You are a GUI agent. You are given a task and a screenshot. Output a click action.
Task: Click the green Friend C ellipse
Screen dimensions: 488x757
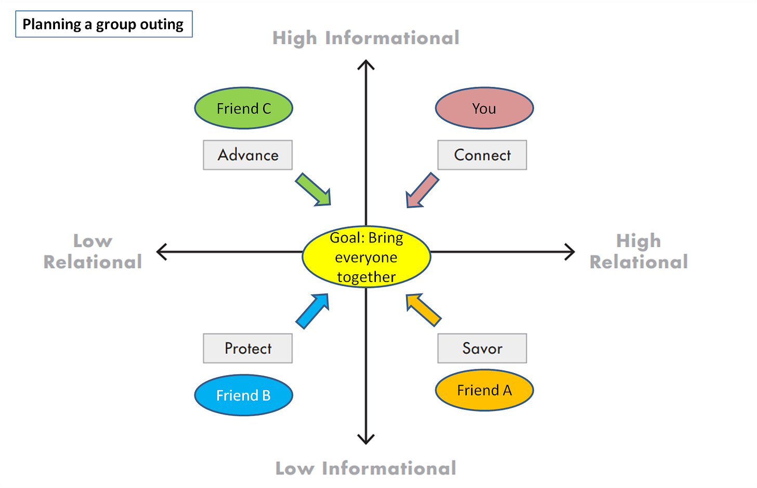tap(243, 108)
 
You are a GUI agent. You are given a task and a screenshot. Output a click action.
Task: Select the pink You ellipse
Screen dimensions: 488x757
tap(484, 108)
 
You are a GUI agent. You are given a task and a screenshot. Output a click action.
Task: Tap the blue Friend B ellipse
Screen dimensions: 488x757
tap(243, 395)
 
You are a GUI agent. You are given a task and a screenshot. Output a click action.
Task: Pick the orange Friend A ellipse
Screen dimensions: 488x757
tap(484, 390)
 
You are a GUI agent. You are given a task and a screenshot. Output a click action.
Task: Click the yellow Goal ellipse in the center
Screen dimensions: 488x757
tap(366, 257)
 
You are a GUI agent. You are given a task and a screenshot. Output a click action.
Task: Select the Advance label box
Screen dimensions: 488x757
tap(247, 155)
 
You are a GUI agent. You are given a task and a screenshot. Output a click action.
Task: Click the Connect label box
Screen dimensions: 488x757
tap(482, 155)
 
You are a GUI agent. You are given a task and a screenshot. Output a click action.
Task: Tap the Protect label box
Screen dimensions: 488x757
tap(247, 348)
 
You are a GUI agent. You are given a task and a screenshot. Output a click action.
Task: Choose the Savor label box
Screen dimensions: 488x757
tap(482, 348)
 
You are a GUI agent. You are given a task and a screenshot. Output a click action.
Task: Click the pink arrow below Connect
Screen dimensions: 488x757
tap(422, 191)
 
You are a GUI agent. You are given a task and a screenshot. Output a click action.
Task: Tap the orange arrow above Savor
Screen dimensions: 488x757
tap(423, 310)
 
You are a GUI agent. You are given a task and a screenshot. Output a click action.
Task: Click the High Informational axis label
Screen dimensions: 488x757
tap(366, 38)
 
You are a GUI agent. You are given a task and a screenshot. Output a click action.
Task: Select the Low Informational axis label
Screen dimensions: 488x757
tap(366, 468)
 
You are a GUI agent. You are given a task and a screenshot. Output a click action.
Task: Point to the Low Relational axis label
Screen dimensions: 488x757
tap(93, 252)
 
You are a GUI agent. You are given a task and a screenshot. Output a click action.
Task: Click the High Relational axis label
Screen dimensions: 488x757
tap(638, 252)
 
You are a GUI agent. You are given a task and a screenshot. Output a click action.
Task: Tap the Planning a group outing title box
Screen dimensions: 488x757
tap(104, 24)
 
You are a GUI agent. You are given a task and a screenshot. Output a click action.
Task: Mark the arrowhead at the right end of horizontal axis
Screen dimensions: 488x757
tap(571, 252)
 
